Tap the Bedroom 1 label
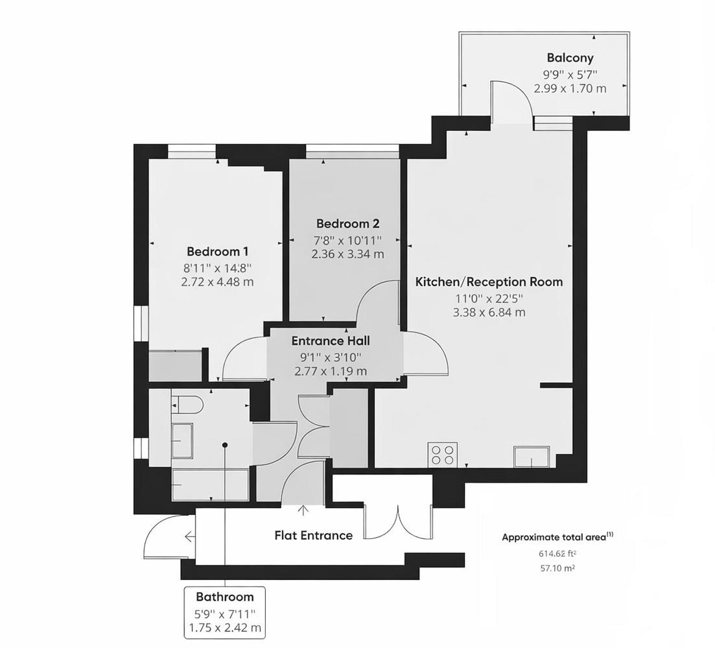[218, 252]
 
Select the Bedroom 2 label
[347, 224]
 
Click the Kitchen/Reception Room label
[489, 282]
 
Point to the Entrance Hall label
[331, 341]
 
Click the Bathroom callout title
[225, 597]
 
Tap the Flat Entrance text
[314, 535]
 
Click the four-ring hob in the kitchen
[443, 455]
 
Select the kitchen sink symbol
[532, 457]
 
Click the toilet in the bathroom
[187, 404]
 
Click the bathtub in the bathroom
[210, 485]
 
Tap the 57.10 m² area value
[556, 568]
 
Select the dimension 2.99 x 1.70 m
[570, 88]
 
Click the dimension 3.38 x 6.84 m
[489, 313]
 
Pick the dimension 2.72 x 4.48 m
[218, 282]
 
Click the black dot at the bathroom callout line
[225, 444]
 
